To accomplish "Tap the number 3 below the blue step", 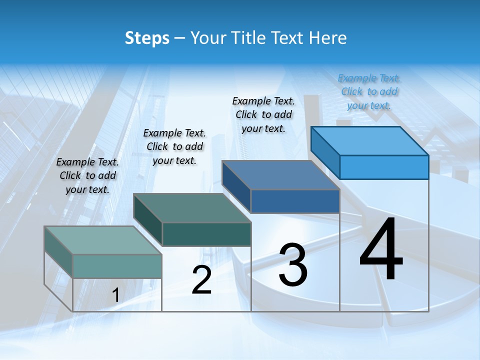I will pos(292,264).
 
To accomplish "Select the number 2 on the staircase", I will pos(201,280).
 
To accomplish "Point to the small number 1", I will pos(115,295).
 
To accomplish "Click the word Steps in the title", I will pos(147,38).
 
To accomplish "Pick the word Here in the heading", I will pos(328,38).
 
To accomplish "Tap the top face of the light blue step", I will pos(370,141).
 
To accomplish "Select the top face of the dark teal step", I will pos(192,208).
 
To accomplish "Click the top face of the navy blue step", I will pos(281,175).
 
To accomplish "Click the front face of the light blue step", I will pos(384,167).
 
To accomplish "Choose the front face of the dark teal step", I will pos(206,234).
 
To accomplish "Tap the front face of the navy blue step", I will pos(295,201).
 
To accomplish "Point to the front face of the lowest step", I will pos(117,266).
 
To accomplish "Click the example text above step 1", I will pos(87,175).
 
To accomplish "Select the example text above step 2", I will pos(174,146).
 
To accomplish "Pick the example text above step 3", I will pos(263,114).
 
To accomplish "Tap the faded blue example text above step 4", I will pos(369,91).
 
